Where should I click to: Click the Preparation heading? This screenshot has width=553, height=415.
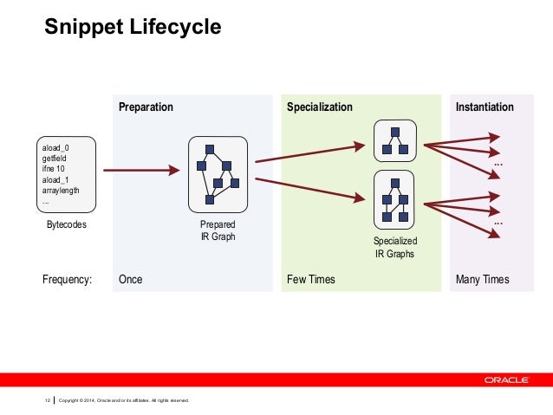tap(146, 107)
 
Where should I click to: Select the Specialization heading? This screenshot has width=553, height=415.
tap(320, 107)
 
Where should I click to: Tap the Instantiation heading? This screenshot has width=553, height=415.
tap(485, 107)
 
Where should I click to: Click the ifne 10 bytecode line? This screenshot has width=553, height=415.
tap(55, 169)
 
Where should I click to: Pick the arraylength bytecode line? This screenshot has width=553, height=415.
tap(61, 190)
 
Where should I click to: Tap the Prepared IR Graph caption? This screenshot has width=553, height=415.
tap(218, 230)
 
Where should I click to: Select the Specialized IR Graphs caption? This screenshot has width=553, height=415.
tap(394, 248)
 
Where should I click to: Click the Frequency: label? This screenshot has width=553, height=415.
tap(67, 280)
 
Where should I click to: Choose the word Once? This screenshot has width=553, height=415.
tap(131, 280)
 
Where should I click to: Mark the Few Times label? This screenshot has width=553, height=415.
tap(311, 280)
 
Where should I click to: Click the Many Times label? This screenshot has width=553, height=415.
tap(483, 280)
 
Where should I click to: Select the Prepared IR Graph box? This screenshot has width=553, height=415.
tap(218, 173)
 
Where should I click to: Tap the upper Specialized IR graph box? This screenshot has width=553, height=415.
tap(395, 140)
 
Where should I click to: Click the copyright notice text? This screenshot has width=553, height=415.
tap(123, 400)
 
